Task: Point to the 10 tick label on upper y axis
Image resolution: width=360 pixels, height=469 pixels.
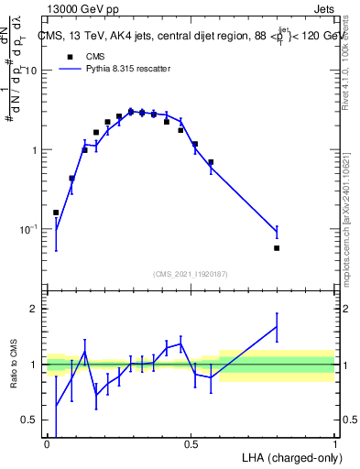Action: tap(31, 71)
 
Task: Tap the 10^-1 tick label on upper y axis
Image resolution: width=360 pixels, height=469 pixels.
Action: tap(29, 229)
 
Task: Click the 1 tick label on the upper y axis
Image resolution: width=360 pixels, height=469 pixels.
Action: tap(35, 150)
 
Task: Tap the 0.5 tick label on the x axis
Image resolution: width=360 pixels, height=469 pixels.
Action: tap(191, 443)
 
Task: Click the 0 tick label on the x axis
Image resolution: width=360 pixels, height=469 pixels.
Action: tap(47, 443)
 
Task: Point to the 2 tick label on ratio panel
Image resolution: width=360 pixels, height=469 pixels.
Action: tap(35, 309)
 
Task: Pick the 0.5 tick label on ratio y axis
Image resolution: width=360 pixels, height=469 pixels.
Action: tap(30, 420)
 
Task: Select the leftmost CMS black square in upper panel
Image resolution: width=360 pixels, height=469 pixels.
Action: tap(56, 213)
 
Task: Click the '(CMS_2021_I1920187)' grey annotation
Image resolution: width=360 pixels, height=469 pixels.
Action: tap(191, 273)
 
